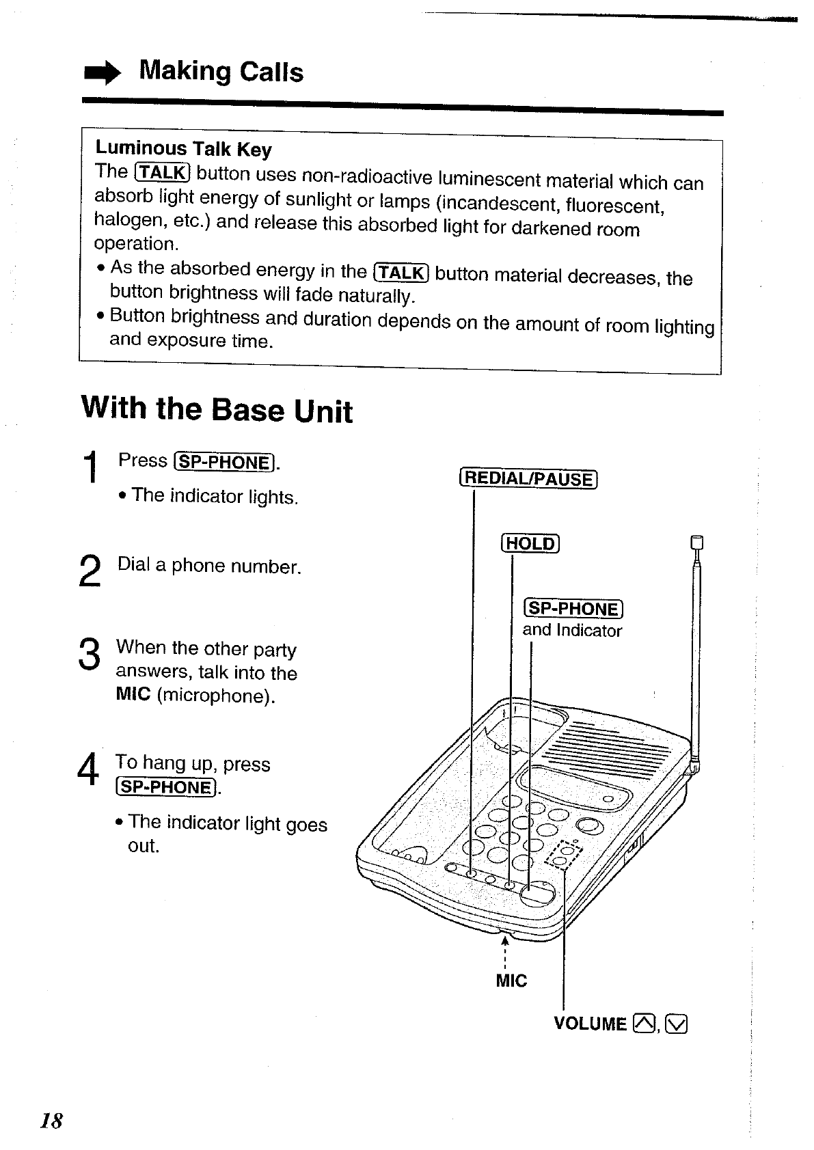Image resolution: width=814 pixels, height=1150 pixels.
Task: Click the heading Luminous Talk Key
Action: point(183,148)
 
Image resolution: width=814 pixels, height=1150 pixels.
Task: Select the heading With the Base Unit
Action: point(217,409)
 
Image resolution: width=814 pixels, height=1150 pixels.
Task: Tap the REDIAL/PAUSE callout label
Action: point(528,478)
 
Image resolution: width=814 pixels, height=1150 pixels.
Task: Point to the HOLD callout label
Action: point(530,544)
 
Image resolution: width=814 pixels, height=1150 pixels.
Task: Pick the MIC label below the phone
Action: point(511,981)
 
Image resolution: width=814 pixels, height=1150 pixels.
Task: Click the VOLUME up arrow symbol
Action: point(643,1023)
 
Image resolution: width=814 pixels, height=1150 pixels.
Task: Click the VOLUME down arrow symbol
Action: point(677,1024)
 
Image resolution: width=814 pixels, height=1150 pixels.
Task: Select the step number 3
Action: point(90,654)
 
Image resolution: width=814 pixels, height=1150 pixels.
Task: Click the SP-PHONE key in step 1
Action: point(225,463)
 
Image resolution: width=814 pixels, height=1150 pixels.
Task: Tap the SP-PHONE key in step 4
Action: point(167,787)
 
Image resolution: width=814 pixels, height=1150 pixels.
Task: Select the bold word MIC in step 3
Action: point(133,695)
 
